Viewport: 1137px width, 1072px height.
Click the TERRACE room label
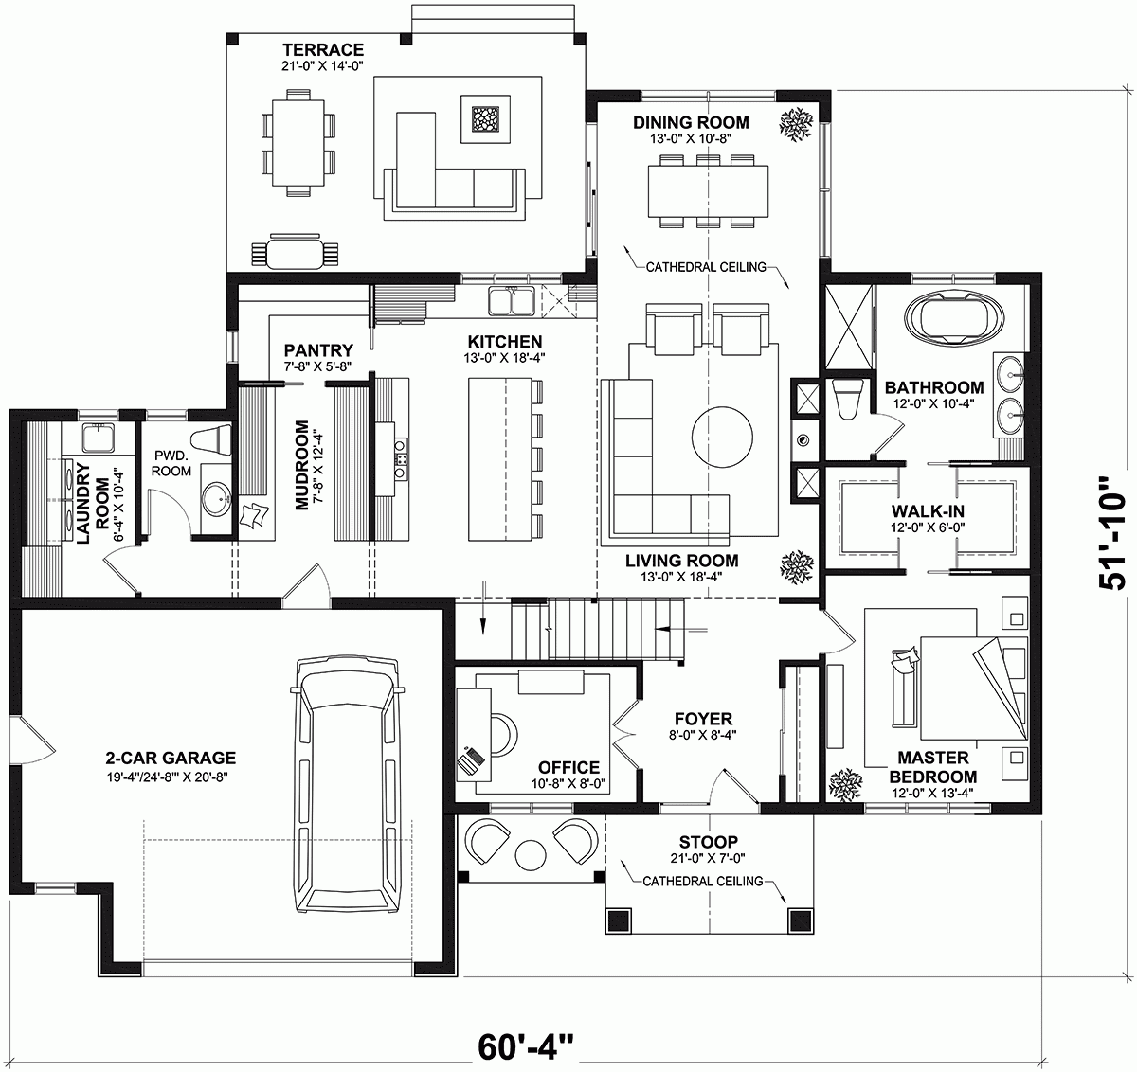tap(323, 49)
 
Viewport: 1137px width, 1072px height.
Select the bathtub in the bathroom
tap(949, 315)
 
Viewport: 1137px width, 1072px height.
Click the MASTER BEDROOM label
tap(933, 767)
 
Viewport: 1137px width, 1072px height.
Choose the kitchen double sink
tap(512, 301)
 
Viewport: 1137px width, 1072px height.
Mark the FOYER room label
tap(703, 719)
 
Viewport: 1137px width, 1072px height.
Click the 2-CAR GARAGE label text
tap(171, 758)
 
